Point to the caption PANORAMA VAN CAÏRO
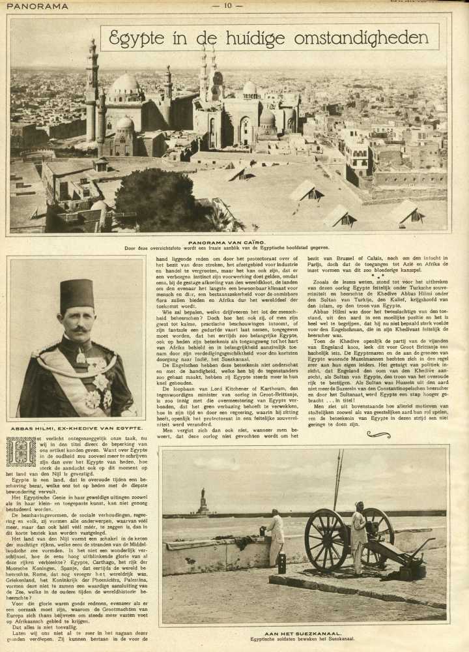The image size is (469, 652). (227, 242)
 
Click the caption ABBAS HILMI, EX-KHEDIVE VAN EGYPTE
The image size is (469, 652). (76, 428)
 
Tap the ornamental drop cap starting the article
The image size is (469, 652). (21, 452)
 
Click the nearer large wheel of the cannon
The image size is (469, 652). (326, 539)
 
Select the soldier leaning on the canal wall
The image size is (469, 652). (277, 536)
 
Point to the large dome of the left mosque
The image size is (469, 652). (125, 85)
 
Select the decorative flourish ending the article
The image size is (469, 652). (378, 435)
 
